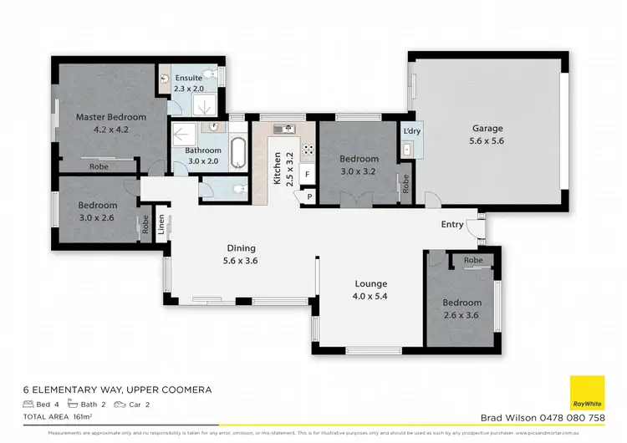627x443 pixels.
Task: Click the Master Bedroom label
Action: click(110, 117)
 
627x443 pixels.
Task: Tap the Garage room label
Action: click(487, 129)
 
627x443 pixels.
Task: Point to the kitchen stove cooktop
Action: click(307, 151)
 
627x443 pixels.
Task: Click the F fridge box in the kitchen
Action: click(307, 175)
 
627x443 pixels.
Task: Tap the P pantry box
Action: click(308, 196)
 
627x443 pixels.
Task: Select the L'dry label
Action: click(410, 132)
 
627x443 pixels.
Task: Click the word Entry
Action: click(452, 225)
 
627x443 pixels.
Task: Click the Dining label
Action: click(241, 248)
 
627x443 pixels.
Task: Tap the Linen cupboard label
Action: click(161, 224)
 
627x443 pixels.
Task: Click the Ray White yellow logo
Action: click(587, 393)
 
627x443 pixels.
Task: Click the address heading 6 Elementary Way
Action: click(116, 390)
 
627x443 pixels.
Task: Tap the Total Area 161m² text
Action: click(58, 415)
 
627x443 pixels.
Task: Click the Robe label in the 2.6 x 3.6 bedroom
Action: click(473, 260)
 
